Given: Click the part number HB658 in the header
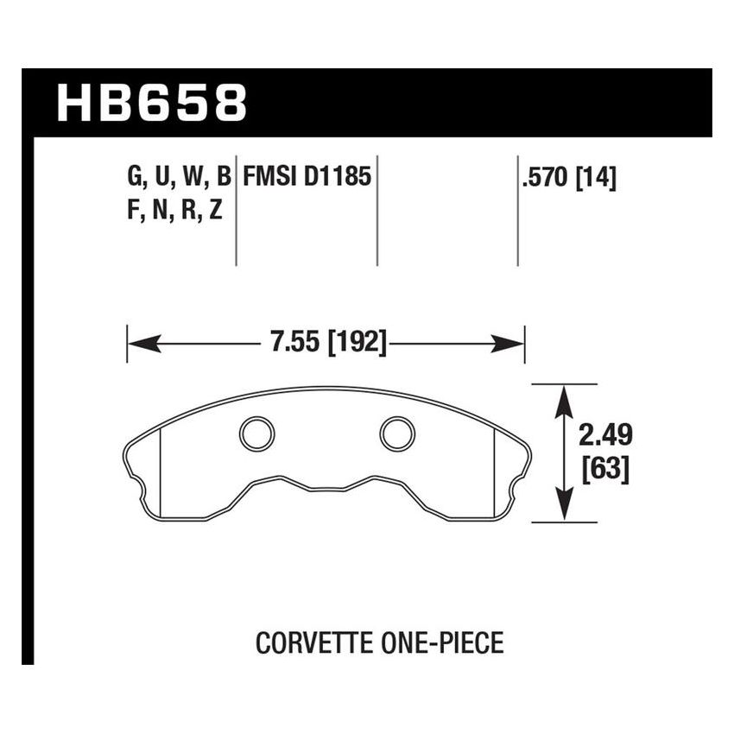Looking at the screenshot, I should [x=152, y=104].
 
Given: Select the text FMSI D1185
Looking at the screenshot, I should [x=307, y=178].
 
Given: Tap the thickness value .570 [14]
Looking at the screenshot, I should [x=568, y=179].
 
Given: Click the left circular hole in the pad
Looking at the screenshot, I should [x=256, y=433].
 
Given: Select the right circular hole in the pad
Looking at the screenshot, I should [x=398, y=433].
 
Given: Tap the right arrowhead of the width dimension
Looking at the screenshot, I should [x=513, y=345].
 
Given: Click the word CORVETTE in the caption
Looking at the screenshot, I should [x=305, y=643].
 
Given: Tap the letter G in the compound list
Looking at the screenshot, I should [x=135, y=179].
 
